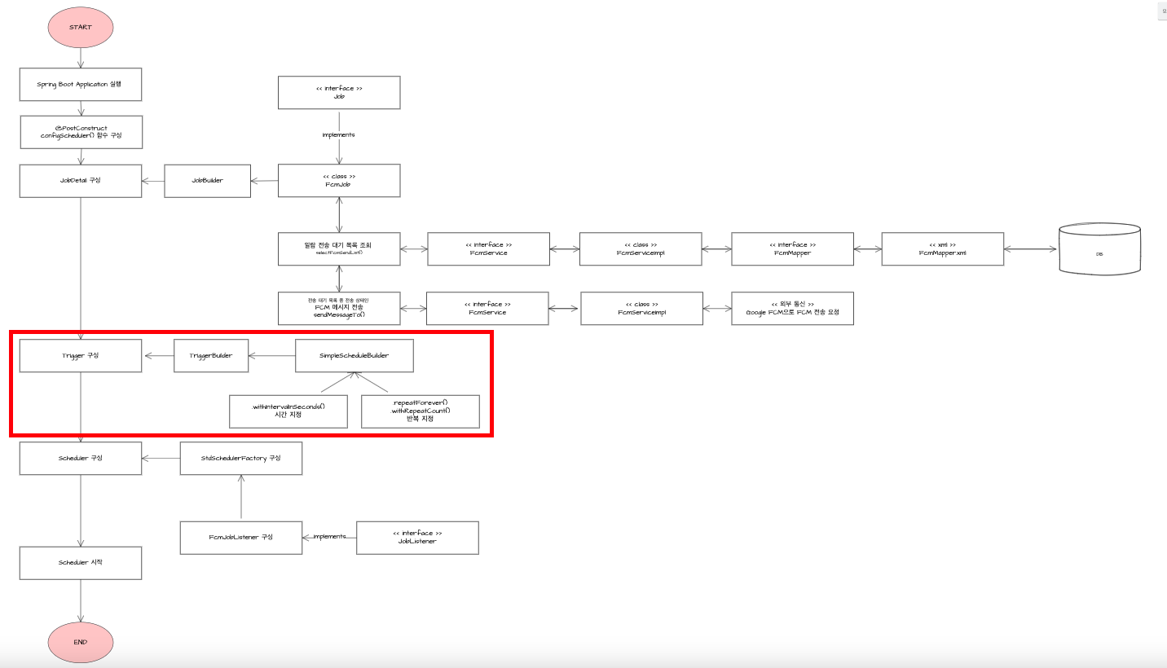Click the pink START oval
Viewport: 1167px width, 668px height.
click(81, 27)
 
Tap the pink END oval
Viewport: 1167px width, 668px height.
click(81, 641)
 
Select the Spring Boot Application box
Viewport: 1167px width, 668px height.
click(81, 84)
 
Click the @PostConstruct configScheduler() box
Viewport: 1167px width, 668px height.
click(81, 132)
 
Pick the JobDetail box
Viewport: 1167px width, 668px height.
click(81, 180)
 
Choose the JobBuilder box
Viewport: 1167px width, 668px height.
click(207, 180)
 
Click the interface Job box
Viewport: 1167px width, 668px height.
click(339, 92)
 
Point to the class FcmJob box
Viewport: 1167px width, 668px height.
click(339, 180)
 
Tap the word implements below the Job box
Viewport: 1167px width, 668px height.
click(339, 135)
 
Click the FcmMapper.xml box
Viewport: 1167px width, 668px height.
click(943, 248)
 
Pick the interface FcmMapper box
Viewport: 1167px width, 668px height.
click(792, 248)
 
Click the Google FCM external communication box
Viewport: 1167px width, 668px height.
click(792, 308)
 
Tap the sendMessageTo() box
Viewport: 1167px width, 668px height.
click(339, 308)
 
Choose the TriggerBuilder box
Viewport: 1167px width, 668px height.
click(211, 355)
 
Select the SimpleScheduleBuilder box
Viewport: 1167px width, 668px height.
click(354, 355)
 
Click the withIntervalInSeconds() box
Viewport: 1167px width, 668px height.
click(288, 411)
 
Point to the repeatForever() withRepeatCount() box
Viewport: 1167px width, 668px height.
click(420, 411)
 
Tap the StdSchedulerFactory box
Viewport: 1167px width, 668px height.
click(241, 458)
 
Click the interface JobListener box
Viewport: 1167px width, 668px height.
click(417, 537)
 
